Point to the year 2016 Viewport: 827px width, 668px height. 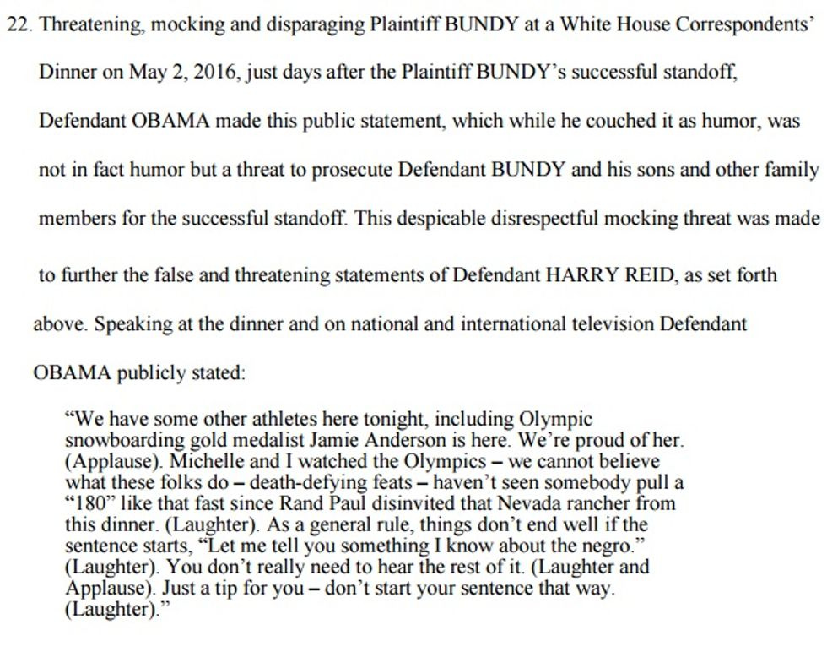214,72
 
